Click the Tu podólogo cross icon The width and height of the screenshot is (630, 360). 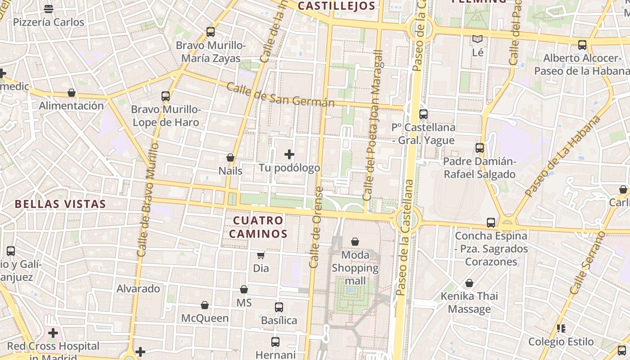click(x=289, y=155)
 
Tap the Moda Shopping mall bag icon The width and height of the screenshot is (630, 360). click(x=355, y=242)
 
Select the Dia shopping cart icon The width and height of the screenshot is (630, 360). click(x=261, y=256)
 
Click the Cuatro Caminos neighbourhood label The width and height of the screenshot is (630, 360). click(x=258, y=227)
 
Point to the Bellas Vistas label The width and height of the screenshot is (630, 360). click(x=60, y=204)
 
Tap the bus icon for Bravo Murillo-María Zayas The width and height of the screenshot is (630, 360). click(x=211, y=32)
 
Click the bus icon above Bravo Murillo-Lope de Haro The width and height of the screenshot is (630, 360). click(x=166, y=96)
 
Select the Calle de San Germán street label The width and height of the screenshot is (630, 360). click(x=280, y=94)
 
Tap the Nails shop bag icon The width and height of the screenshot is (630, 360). click(x=230, y=157)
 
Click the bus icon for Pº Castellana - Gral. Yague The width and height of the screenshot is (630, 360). click(x=423, y=114)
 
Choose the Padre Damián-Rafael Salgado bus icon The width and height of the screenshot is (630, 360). click(x=480, y=148)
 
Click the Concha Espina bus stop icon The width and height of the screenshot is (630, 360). click(x=491, y=223)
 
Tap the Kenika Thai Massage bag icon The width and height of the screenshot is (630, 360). click(x=469, y=283)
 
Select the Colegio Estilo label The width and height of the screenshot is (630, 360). click(x=561, y=342)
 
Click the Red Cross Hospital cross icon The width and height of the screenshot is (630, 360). click(x=53, y=333)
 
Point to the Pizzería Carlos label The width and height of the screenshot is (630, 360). click(x=49, y=22)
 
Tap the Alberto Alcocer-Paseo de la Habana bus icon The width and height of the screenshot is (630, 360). click(x=582, y=45)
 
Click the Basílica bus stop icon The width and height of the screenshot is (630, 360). click(x=279, y=307)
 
